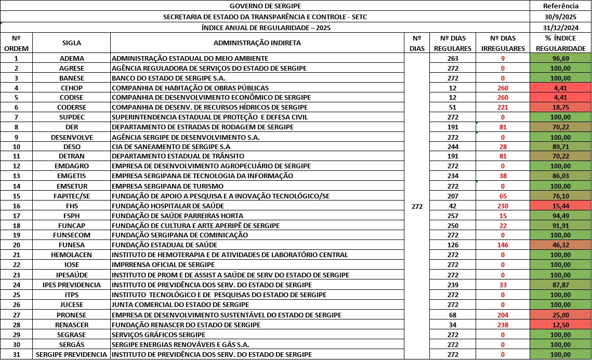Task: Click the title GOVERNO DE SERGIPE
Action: [x=265, y=6]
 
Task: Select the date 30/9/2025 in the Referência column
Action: [x=560, y=17]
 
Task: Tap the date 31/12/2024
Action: [x=560, y=28]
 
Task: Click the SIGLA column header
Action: [x=72, y=43]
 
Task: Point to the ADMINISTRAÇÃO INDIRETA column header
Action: [x=257, y=43]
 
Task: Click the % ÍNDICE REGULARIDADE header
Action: [x=560, y=43]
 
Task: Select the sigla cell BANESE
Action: [x=72, y=78]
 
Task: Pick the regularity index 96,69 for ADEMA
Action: [x=560, y=58]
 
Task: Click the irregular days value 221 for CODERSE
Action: [x=503, y=108]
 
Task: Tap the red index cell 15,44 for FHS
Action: [x=560, y=206]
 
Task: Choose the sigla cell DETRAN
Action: [x=72, y=156]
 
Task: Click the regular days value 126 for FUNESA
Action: [x=452, y=245]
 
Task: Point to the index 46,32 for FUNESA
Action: [x=560, y=245]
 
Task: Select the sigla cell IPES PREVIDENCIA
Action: [x=72, y=285]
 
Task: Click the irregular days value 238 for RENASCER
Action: [x=503, y=325]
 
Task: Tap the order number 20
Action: [x=17, y=245]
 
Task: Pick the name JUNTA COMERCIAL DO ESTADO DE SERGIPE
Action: [x=180, y=304]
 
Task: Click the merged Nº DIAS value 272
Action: [x=416, y=206]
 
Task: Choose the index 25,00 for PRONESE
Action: [x=560, y=315]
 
